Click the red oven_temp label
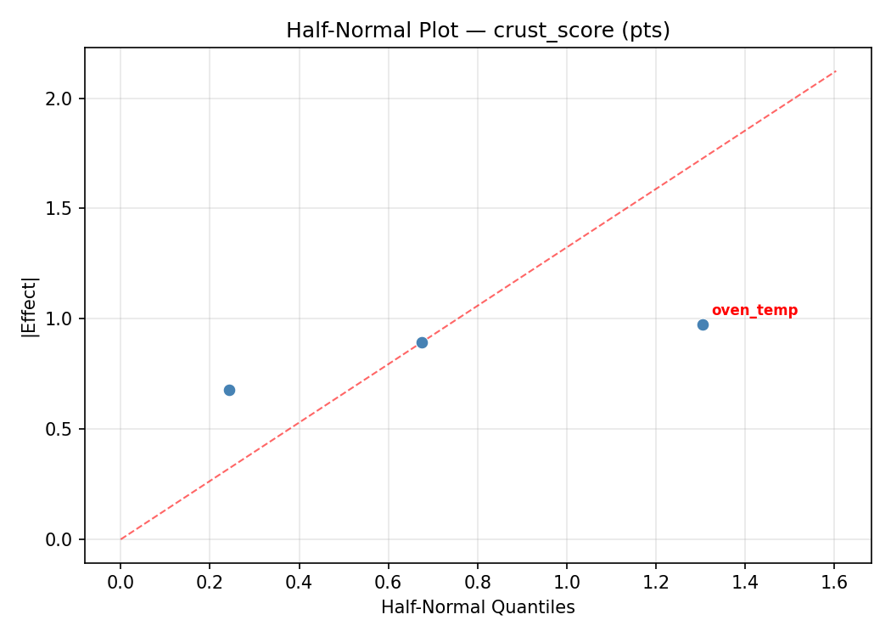point(754,311)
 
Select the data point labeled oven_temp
point(703,324)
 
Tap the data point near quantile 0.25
point(229,390)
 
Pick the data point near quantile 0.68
point(422,342)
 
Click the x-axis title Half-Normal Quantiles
point(478,607)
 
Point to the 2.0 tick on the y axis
point(62,99)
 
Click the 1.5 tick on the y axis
point(62,209)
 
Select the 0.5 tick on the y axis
point(62,429)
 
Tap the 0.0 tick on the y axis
point(62,539)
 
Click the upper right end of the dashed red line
point(836,70)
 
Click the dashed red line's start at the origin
point(120,539)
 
